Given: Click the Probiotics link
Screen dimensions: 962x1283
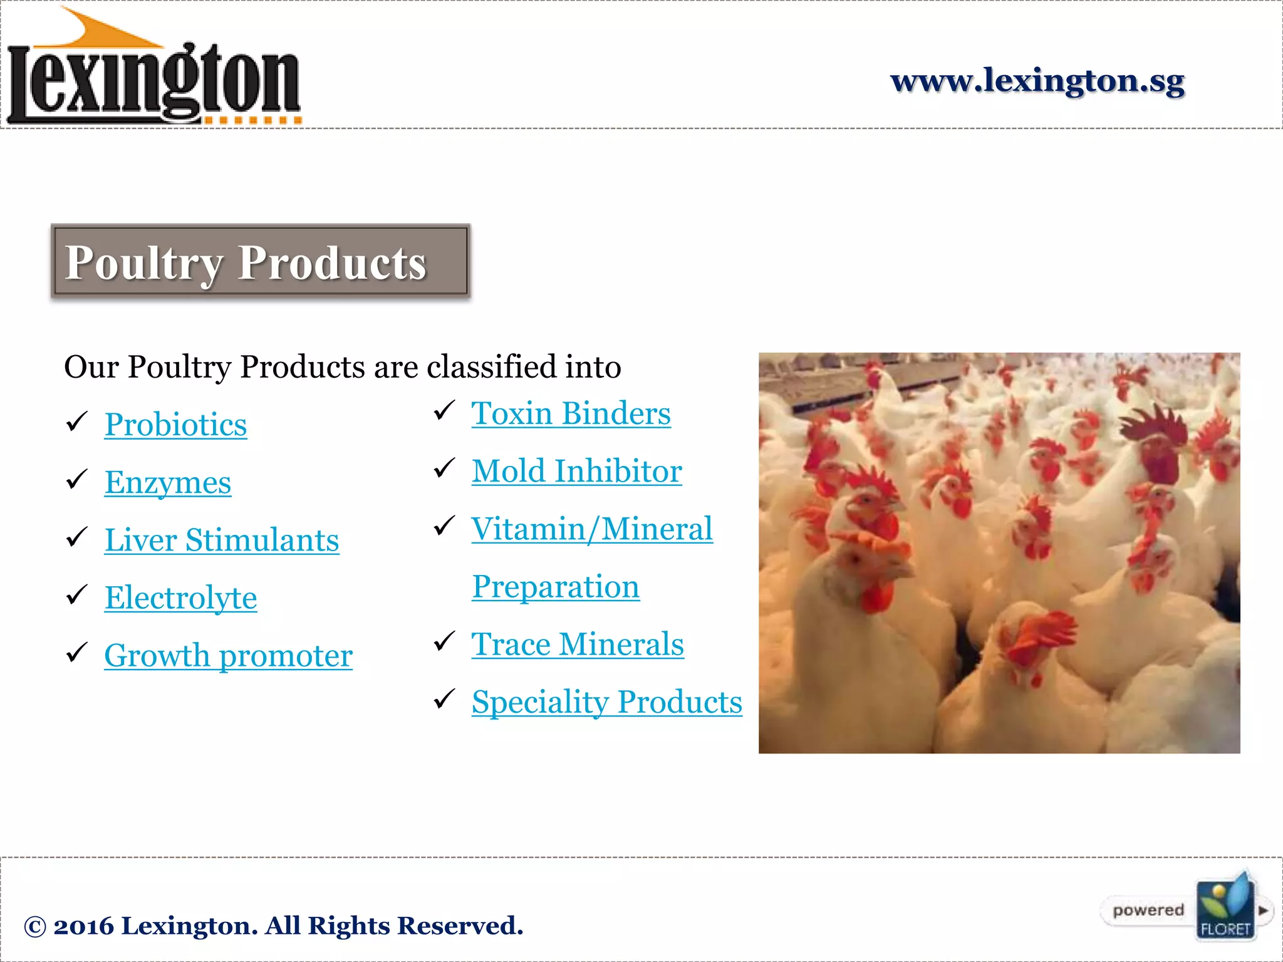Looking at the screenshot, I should coord(175,425).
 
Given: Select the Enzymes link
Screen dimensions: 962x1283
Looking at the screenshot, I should coord(168,482).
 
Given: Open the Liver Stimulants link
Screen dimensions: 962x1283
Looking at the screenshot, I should coord(222,540).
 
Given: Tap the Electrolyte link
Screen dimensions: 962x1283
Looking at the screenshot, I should coord(180,597).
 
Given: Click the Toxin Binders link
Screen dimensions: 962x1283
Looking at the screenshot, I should coord(571,413).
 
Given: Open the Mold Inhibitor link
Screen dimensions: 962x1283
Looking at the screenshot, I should coord(576,471).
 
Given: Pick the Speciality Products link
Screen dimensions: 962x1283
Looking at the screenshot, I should coord(606,701).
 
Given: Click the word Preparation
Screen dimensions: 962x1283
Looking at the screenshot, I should coord(556,586).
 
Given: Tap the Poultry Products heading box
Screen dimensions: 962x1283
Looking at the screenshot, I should coord(261,261).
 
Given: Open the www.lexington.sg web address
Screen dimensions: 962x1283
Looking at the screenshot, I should coord(1037,80).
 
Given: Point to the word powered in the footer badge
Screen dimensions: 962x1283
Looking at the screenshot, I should coord(1148,910).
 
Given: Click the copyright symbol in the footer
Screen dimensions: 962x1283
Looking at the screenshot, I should coord(35,927).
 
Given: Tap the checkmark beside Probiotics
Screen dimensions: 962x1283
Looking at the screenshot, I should coord(76,422).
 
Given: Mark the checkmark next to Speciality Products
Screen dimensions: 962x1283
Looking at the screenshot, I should coord(444,699).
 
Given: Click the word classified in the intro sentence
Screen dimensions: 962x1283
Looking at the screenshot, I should coord(492,366).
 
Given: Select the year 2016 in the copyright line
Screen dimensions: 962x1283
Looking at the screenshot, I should coord(83,926).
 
